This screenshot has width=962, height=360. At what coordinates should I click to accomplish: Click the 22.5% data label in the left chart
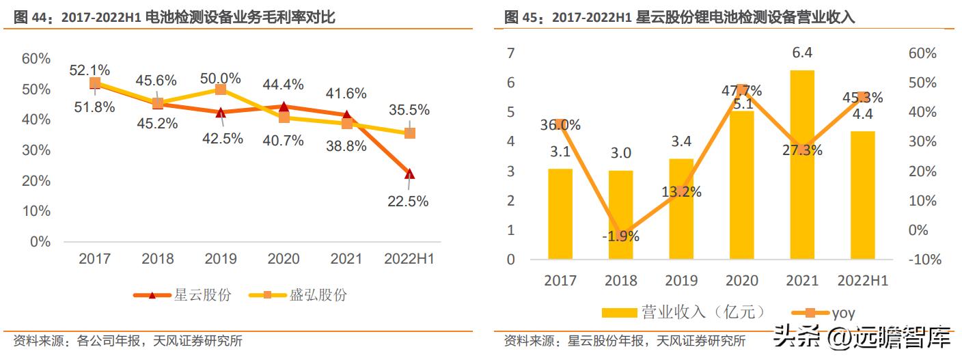409,201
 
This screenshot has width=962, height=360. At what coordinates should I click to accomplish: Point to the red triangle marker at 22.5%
409,174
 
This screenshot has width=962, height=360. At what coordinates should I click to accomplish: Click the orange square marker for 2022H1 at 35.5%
409,133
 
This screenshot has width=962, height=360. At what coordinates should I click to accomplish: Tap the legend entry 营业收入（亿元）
683,312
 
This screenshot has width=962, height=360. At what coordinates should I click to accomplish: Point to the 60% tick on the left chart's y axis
36,59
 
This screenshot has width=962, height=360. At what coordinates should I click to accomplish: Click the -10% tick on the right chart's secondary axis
925,260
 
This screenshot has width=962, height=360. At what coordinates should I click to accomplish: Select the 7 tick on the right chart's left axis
510,53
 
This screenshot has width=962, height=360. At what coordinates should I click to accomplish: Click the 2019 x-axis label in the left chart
221,259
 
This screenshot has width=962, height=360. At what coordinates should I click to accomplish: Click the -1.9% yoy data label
620,237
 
